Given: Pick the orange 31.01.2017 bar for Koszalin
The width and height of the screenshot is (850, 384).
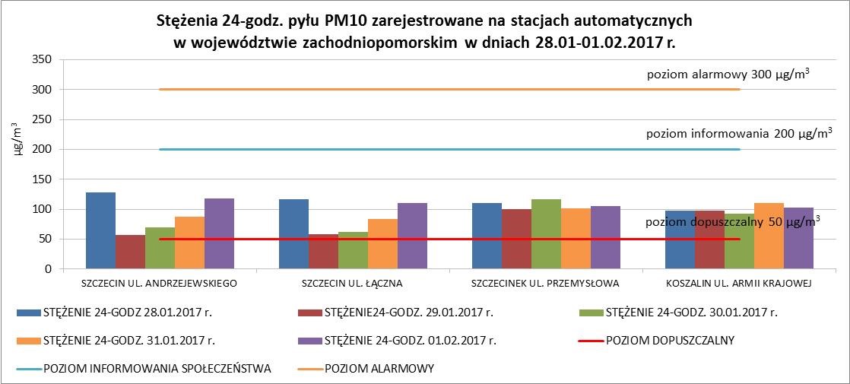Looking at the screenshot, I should pos(769,236).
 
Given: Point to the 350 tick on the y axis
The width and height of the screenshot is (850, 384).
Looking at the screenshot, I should pos(41,60).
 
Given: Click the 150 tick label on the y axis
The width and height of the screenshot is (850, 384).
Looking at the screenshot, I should pos(41,179).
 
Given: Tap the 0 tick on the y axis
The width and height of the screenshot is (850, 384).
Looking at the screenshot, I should pos(47,269).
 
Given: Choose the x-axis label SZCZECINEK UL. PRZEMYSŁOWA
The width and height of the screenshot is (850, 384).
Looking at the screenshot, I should pos(546,284).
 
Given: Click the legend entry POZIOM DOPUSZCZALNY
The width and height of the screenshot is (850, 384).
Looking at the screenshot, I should pos(670,340).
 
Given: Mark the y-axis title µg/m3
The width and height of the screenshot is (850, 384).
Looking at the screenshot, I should pos(18,141).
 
